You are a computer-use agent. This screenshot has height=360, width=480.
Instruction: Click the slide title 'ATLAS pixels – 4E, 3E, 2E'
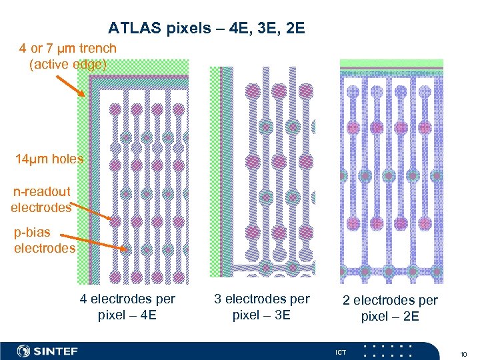[206, 29]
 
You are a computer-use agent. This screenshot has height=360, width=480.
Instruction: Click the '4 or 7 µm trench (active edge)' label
[67, 56]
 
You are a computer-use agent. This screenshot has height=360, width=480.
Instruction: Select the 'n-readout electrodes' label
[41, 199]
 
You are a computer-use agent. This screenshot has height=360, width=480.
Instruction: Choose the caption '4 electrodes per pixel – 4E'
[127, 307]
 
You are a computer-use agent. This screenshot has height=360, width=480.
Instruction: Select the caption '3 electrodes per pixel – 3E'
[262, 307]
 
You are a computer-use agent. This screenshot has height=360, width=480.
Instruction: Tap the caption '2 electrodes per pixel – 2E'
[391, 308]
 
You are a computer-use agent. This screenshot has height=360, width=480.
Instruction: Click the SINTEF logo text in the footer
[56, 351]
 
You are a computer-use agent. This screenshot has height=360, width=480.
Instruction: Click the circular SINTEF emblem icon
[24, 351]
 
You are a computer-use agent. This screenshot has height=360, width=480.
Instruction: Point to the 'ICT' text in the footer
[341, 351]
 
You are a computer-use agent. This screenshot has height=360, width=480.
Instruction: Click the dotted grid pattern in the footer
[388, 351]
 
